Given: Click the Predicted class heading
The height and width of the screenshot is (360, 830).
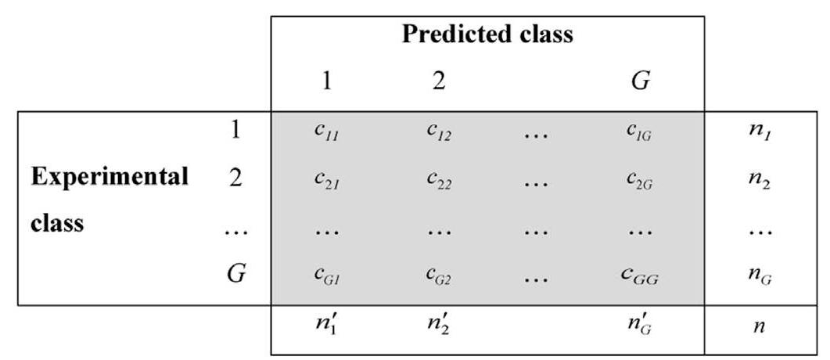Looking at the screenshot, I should click(487, 35).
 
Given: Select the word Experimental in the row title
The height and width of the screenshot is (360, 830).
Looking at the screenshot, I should click(110, 176).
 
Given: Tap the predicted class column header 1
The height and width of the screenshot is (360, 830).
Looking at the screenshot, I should click(327, 81).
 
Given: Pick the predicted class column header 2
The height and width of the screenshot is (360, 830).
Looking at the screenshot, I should click(438, 81).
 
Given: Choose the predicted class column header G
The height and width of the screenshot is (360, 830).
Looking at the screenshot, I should click(641, 81).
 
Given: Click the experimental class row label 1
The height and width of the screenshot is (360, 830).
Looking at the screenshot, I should click(235, 130).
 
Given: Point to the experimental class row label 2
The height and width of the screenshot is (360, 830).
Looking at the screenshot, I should click(235, 178).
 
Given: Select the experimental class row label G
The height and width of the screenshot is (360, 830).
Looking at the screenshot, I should click(235, 275).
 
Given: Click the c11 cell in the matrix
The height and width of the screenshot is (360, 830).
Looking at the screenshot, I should click(327, 132).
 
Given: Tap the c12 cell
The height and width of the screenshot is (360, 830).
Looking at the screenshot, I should click(439, 132).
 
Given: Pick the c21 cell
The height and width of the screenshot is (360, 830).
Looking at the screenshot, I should click(327, 180).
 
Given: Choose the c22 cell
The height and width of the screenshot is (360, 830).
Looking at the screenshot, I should click(439, 180).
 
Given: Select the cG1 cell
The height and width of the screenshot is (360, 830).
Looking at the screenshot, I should click(327, 276).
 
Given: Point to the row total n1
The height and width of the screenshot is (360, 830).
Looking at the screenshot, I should click(758, 132).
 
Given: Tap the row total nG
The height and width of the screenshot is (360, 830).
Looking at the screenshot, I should click(758, 276).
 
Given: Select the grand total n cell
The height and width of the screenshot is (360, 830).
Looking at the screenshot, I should click(758, 326).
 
